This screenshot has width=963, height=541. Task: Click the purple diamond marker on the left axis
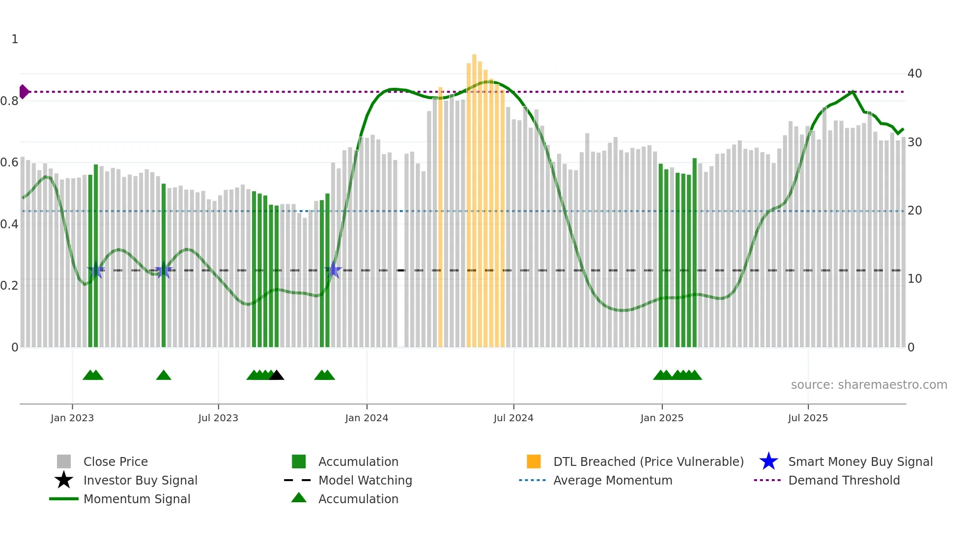tap(24, 92)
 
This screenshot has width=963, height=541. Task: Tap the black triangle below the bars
tap(277, 376)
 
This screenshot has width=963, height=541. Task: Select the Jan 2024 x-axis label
tap(367, 418)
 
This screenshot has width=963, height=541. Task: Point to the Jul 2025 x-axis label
tap(808, 418)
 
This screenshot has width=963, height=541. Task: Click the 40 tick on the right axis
tap(914, 74)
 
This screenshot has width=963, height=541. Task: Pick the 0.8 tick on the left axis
tap(9, 101)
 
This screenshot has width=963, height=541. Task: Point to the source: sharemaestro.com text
tap(869, 384)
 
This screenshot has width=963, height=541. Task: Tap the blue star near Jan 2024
tap(333, 270)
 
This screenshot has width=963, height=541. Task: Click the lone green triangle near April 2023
tap(164, 376)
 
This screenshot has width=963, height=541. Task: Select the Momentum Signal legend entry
tap(137, 499)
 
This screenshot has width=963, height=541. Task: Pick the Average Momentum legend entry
tap(612, 480)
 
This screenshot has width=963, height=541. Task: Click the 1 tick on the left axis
tap(15, 39)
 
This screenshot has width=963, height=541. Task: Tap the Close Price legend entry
tap(115, 461)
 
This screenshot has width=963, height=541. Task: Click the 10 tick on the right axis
tap(914, 279)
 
